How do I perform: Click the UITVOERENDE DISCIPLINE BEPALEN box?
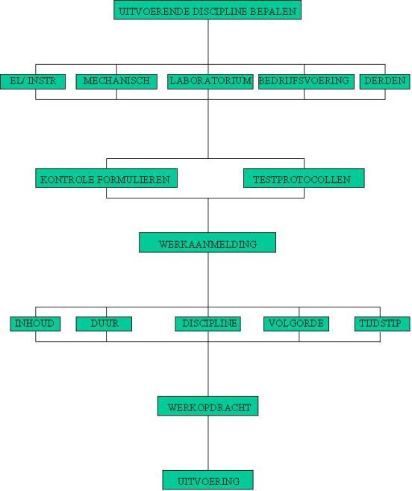click(x=207, y=10)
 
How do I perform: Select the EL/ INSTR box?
click(x=33, y=81)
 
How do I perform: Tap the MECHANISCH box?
click(x=116, y=81)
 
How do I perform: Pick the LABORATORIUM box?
click(x=210, y=81)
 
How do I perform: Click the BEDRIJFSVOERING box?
click(x=306, y=81)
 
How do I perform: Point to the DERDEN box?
click(x=384, y=81)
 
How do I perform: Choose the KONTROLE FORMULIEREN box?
click(x=107, y=178)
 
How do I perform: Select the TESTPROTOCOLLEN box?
click(x=304, y=178)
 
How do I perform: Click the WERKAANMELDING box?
click(x=207, y=243)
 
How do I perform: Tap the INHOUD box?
click(x=35, y=324)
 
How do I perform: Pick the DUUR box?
click(x=104, y=324)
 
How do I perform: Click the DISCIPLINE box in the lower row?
click(x=207, y=324)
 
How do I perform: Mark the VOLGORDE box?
click(x=296, y=324)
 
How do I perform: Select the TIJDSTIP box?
click(x=382, y=324)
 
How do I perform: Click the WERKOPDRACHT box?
click(x=207, y=406)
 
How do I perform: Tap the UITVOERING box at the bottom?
click(x=207, y=480)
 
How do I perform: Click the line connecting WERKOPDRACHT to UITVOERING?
click(x=208, y=443)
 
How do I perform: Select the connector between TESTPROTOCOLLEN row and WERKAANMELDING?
click(x=208, y=215)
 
